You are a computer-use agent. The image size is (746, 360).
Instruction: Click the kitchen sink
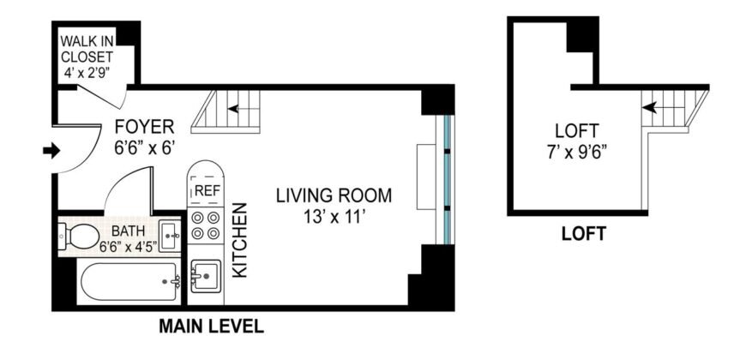(x=205, y=277)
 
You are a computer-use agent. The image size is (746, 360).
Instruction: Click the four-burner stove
(x=205, y=225)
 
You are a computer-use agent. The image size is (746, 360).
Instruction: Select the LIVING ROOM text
(x=333, y=195)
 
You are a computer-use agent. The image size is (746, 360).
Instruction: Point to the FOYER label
(x=145, y=129)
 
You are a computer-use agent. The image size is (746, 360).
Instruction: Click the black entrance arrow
(x=51, y=151)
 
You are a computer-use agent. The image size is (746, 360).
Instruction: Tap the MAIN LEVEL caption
(x=211, y=327)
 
